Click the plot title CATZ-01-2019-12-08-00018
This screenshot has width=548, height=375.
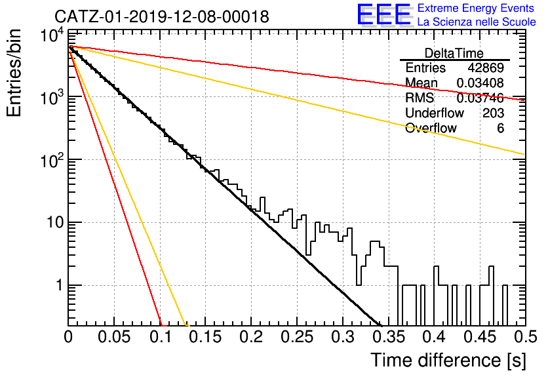(162, 16)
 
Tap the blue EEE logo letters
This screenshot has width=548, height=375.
(384, 14)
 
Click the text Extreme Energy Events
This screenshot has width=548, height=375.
(476, 8)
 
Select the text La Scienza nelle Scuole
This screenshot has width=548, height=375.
(477, 22)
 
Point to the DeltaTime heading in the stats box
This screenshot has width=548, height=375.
(454, 53)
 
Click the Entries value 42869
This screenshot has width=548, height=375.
(486, 68)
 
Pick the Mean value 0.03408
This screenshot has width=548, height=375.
(480, 83)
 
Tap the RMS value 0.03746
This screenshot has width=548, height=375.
(480, 98)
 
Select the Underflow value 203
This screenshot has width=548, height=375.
(493, 113)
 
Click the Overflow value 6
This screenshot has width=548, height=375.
(500, 128)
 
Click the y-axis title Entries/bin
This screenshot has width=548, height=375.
(14, 73)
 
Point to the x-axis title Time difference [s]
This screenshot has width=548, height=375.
(448, 360)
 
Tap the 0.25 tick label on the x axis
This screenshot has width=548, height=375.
(297, 337)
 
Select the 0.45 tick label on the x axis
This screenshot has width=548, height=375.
(480, 337)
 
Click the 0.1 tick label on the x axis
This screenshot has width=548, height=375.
(161, 337)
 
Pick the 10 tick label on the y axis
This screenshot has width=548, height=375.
(55, 223)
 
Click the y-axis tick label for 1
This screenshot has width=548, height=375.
(59, 286)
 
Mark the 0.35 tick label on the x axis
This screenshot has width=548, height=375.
(389, 337)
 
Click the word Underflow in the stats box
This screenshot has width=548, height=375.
(435, 113)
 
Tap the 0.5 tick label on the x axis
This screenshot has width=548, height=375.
(525, 337)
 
